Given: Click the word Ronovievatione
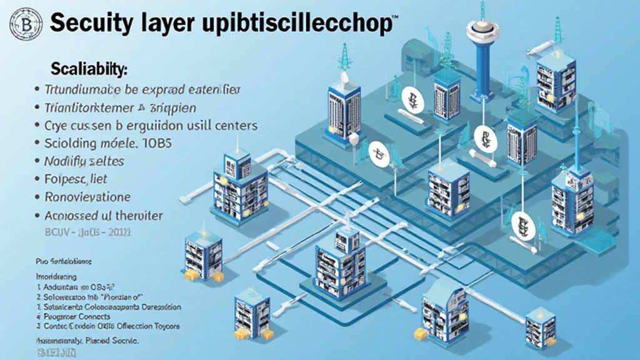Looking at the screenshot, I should [87, 197].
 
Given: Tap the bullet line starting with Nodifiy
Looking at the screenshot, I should [84, 161].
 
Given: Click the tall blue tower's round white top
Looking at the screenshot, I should [482, 28].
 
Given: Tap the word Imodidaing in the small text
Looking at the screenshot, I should [57, 276].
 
